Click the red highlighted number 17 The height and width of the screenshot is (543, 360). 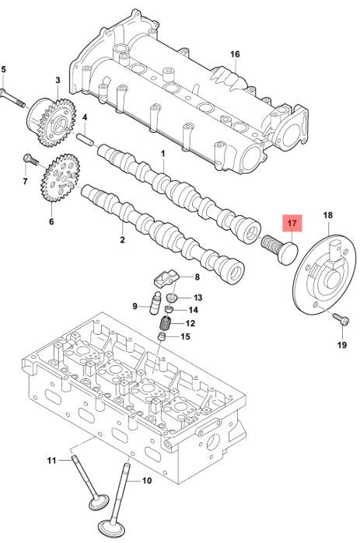pyautogui.click(x=292, y=223)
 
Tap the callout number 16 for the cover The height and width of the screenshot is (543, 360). pyautogui.click(x=235, y=54)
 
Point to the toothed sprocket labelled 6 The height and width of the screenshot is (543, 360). pyautogui.click(x=60, y=178)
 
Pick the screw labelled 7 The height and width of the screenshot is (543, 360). pyautogui.click(x=30, y=160)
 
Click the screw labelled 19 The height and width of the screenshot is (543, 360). pyautogui.click(x=341, y=319)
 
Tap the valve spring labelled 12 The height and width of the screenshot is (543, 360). pyautogui.click(x=166, y=322)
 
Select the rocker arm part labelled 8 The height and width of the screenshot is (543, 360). pyautogui.click(x=166, y=279)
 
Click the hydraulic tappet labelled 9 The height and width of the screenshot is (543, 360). pyautogui.click(x=156, y=304)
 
